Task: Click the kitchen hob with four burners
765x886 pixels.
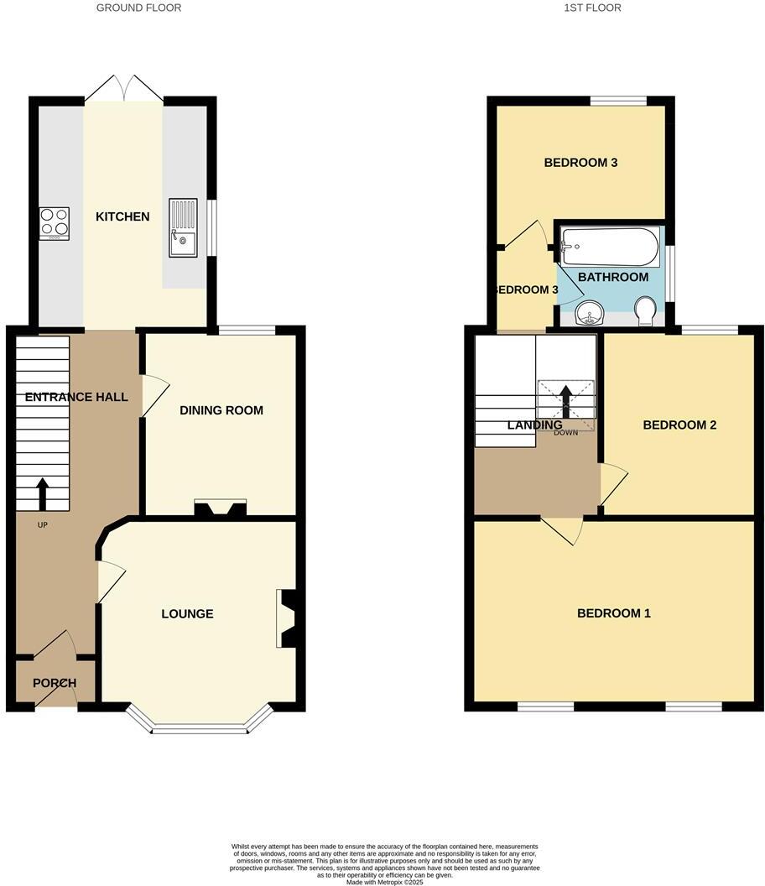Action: [55, 222]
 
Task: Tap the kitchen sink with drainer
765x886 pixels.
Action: [183, 227]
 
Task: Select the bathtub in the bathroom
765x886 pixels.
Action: [611, 247]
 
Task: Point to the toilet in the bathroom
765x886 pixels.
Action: [646, 312]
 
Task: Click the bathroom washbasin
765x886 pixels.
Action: [593, 314]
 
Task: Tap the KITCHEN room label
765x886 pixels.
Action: [122, 216]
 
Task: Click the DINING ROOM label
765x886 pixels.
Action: [221, 410]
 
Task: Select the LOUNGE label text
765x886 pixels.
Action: [187, 614]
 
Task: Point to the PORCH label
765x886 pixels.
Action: [55, 683]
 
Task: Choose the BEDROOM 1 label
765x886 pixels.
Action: [614, 613]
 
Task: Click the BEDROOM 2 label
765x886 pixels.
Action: [679, 425]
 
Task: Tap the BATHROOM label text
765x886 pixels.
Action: [613, 277]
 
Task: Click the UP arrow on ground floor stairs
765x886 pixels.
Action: [42, 494]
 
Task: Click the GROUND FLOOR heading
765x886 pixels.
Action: [138, 8]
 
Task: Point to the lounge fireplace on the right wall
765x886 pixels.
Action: [287, 618]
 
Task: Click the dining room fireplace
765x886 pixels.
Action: [220, 508]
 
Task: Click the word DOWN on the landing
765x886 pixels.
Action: [566, 434]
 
